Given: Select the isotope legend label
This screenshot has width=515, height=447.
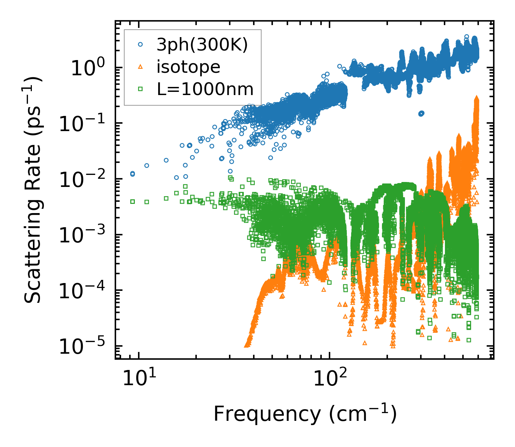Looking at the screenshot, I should [188, 67].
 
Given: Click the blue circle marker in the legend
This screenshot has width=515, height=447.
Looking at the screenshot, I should [141, 45].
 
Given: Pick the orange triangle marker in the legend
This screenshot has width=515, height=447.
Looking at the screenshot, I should [141, 67].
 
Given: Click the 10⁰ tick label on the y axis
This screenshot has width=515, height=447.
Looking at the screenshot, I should [87, 68].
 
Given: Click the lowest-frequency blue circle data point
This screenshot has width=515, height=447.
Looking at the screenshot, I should [132, 173].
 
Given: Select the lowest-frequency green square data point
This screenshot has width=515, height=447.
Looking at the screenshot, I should [132, 201].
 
